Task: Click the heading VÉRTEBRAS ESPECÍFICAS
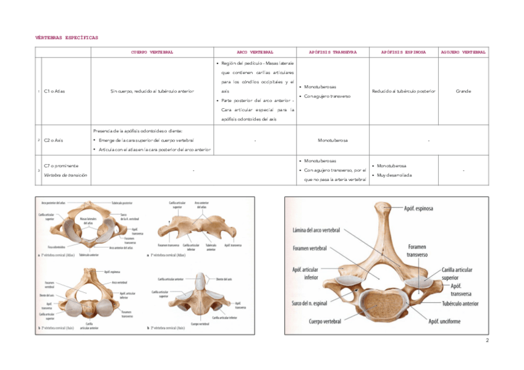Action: coord(67,38)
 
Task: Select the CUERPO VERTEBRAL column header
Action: coord(151,53)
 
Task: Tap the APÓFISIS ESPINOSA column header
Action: coord(403,53)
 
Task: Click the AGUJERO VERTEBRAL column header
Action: coord(463,53)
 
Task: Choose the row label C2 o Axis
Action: coord(54,140)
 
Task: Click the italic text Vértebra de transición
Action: coord(65,175)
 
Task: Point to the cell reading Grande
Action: coord(463,91)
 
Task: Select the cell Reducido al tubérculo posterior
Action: coord(403,91)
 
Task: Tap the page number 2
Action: coord(486,340)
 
